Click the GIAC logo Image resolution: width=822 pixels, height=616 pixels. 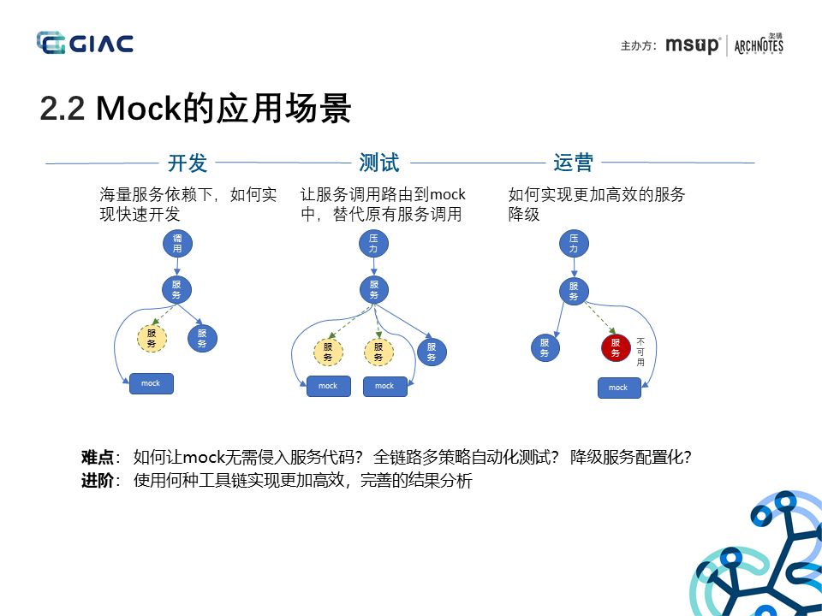[85, 43]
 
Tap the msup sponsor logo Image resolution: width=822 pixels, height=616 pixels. [693, 45]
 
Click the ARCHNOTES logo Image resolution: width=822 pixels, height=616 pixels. [759, 44]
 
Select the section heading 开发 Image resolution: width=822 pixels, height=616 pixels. [188, 163]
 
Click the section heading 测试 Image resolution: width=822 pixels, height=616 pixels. [379, 163]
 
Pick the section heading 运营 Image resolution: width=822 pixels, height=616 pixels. [573, 163]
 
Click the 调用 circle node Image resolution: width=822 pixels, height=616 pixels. [177, 244]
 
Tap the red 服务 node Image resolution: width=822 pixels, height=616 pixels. [615, 347]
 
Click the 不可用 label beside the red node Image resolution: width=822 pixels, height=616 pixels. [640, 352]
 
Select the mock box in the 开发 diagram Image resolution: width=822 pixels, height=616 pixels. [151, 383]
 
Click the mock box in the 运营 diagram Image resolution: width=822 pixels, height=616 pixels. [618, 388]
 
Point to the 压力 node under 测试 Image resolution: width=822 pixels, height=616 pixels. [373, 244]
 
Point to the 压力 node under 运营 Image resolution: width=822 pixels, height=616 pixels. [574, 244]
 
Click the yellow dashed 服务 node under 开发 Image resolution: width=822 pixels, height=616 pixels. [152, 338]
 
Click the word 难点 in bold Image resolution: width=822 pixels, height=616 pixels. [97, 458]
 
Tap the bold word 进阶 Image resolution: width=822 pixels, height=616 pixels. [97, 481]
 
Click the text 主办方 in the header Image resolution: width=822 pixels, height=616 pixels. [638, 46]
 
